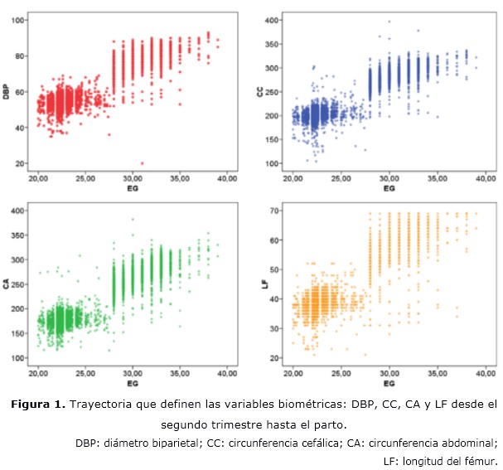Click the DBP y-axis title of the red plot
pos(7,91)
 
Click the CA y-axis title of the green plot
pos(7,284)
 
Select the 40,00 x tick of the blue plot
pos(486,178)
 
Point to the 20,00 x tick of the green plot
pos(38,372)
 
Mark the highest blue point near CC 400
pos(389,22)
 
